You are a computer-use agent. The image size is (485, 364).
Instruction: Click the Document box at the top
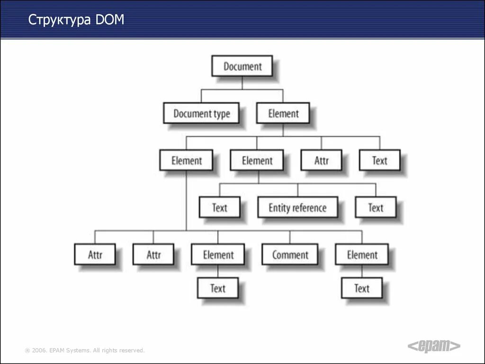(x=242, y=66)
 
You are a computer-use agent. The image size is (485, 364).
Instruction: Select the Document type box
(x=201, y=114)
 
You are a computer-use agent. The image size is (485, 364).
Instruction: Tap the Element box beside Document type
(x=283, y=114)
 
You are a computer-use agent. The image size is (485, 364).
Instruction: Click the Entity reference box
(x=297, y=208)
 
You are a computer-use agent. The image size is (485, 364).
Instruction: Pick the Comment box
(x=290, y=255)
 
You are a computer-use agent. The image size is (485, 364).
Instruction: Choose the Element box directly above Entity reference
(x=257, y=161)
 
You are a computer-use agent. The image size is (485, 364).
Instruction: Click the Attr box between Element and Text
(x=321, y=161)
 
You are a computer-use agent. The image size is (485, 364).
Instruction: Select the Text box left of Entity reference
(x=219, y=208)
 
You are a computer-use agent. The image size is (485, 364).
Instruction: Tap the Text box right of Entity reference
(x=376, y=208)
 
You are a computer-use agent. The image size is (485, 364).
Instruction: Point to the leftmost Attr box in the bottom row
(x=95, y=255)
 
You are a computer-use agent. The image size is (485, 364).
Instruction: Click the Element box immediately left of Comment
(x=218, y=255)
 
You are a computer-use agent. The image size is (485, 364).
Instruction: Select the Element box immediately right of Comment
(x=362, y=255)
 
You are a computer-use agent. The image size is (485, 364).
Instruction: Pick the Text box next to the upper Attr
(x=379, y=161)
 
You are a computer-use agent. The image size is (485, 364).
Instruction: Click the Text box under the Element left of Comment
(x=218, y=288)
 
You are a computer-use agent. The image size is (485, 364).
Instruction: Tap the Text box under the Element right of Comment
(x=362, y=288)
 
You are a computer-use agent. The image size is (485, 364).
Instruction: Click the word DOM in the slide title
(x=110, y=20)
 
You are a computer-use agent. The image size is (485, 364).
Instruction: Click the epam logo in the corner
(x=434, y=346)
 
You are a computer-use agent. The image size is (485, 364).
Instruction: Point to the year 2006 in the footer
(x=39, y=350)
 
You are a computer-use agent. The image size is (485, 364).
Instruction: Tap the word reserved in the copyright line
(x=132, y=350)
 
